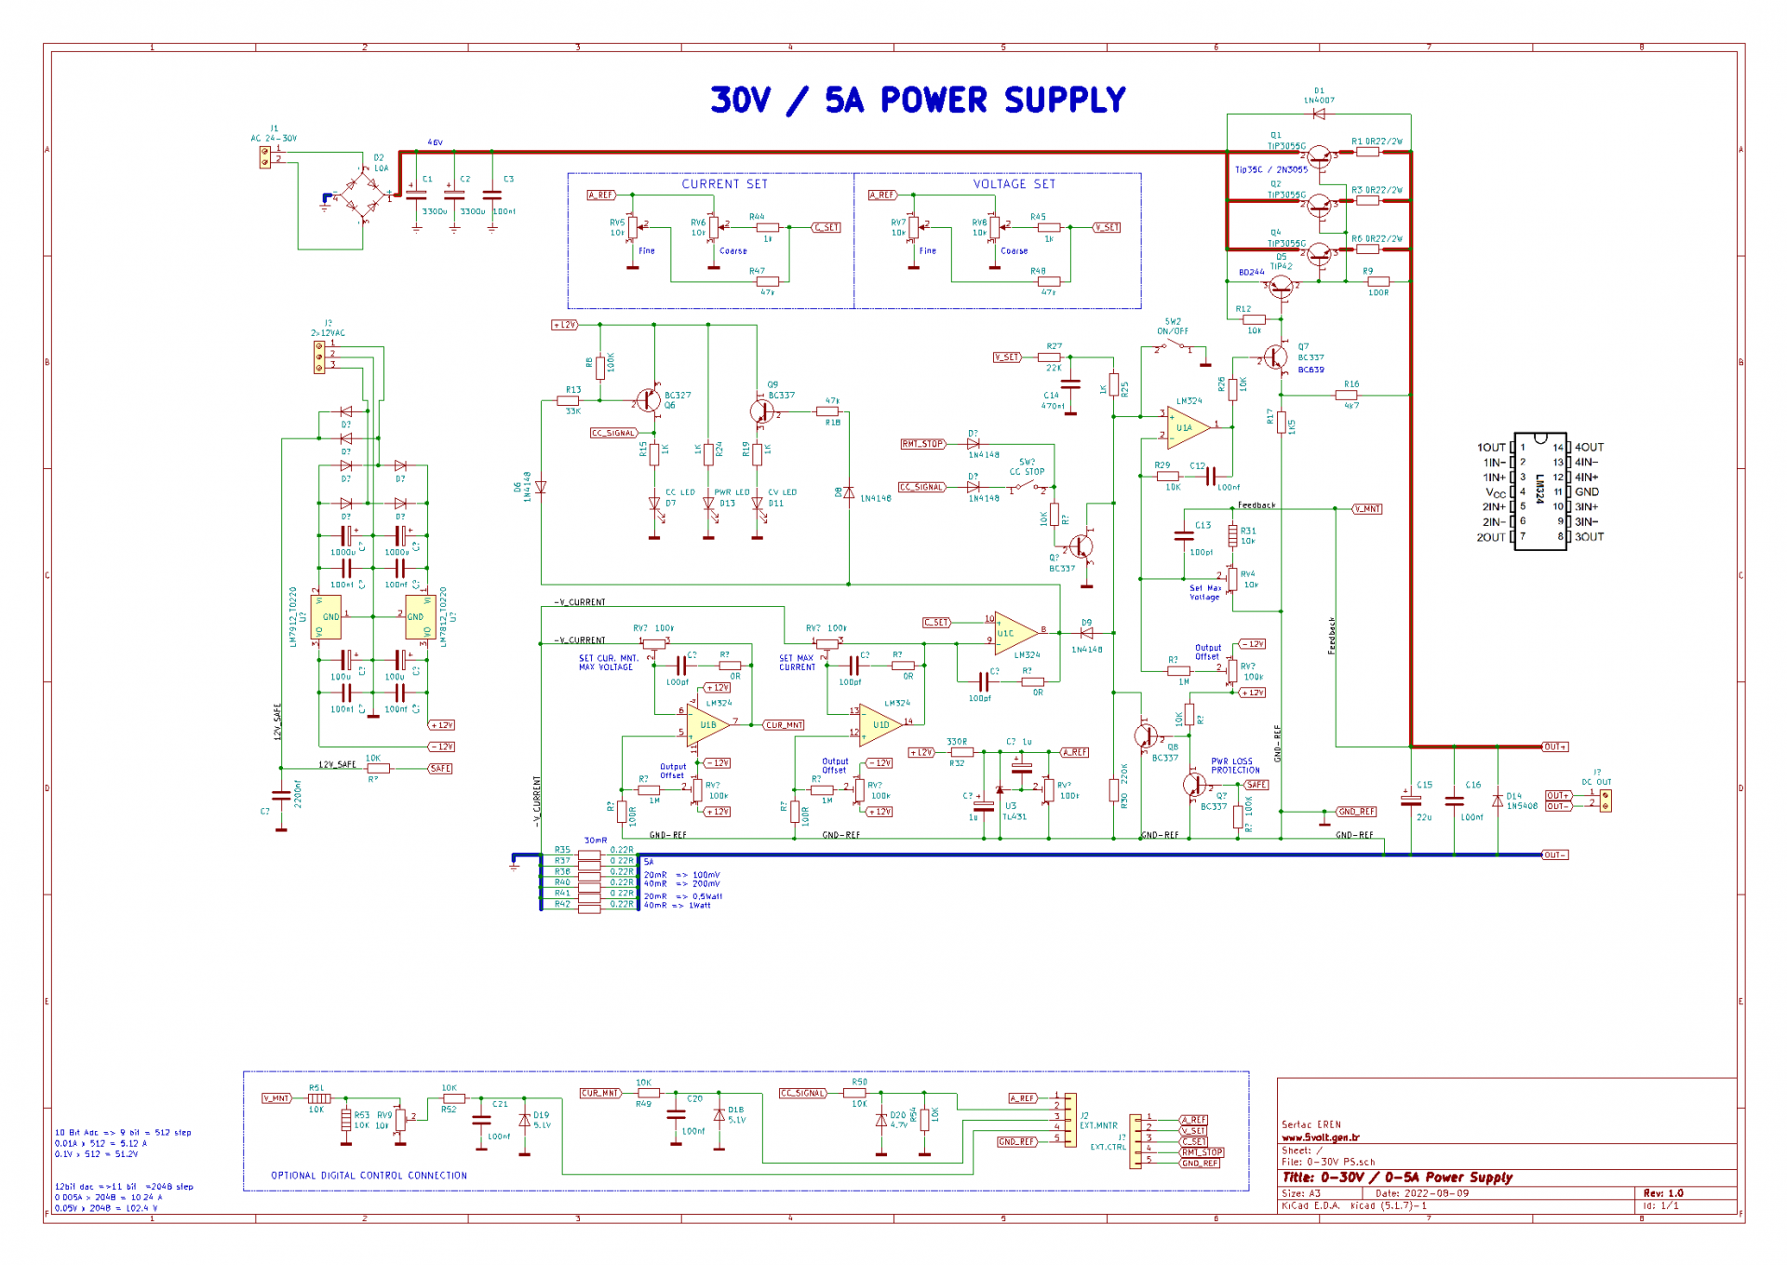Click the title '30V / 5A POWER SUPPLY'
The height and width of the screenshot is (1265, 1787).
coord(917,100)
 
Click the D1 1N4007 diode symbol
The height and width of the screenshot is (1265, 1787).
coord(1318,114)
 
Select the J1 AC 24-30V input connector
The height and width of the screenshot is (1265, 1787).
coord(265,155)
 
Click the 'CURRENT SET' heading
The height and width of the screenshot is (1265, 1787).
coord(724,184)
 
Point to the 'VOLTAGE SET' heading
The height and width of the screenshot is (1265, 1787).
coord(1014,184)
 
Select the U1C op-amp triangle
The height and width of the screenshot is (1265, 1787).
coord(1014,633)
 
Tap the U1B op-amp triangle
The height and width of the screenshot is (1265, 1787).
coord(706,724)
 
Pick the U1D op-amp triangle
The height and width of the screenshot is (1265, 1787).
coord(880,724)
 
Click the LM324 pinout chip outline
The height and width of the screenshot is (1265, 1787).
coord(1540,491)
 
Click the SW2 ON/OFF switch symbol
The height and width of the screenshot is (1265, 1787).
coord(1173,347)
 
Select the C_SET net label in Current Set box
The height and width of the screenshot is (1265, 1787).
coord(826,227)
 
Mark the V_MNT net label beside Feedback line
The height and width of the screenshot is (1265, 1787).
coord(1367,509)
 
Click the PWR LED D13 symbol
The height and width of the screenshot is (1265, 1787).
coord(709,505)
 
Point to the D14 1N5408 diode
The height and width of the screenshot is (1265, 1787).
coord(1498,801)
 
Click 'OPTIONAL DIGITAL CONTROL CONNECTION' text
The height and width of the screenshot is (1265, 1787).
coord(369,1176)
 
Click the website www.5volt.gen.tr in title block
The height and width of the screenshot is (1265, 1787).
coord(1320,1137)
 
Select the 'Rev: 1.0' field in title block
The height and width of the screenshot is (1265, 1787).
coord(1662,1193)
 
